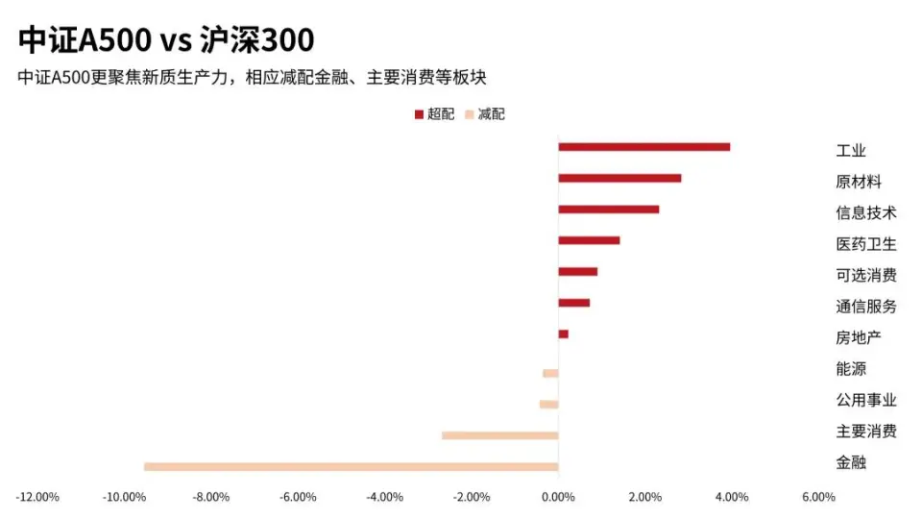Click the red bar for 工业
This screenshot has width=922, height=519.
pyautogui.click(x=643, y=147)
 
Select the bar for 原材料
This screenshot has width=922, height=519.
pyautogui.click(x=619, y=178)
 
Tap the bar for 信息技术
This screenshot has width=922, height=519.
pyautogui.click(x=609, y=210)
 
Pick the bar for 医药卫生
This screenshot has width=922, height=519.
pyautogui.click(x=589, y=240)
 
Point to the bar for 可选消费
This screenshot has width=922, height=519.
pyautogui.click(x=577, y=271)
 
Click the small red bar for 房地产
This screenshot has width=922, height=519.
pyautogui.click(x=563, y=334)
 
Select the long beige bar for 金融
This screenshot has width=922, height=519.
pyautogui.click(x=351, y=467)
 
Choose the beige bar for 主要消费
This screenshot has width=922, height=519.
pyautogui.click(x=499, y=435)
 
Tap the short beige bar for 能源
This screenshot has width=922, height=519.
pyautogui.click(x=550, y=373)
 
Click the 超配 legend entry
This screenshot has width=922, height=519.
pyautogui.click(x=434, y=114)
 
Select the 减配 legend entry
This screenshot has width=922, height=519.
pyautogui.click(x=485, y=114)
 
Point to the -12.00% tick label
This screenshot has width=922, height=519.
pyautogui.click(x=37, y=497)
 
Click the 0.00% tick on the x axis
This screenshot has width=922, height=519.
pyautogui.click(x=558, y=497)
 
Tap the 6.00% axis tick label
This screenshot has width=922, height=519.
pyautogui.click(x=817, y=497)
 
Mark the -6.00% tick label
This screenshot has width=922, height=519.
pyautogui.click(x=298, y=497)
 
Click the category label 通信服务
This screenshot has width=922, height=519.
pyautogui.click(x=865, y=307)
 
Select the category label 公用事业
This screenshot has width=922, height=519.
pyautogui.click(x=865, y=400)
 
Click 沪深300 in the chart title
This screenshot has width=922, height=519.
pyautogui.click(x=257, y=40)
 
